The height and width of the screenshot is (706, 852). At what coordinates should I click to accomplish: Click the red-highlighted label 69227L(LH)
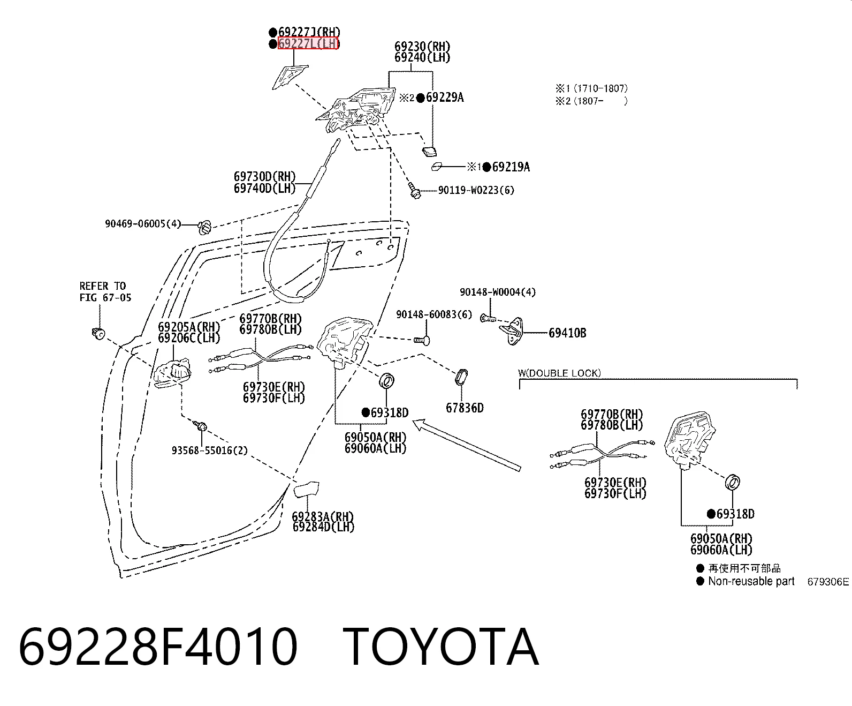[x=308, y=43]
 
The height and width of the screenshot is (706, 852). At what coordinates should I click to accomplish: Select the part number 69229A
[x=445, y=97]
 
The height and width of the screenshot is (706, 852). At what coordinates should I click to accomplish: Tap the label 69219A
[x=511, y=167]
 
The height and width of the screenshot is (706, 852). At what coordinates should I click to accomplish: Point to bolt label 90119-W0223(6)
[x=476, y=190]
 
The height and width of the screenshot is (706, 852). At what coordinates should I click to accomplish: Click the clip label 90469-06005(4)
[x=143, y=223]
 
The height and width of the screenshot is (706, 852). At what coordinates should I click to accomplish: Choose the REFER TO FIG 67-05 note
[x=105, y=291]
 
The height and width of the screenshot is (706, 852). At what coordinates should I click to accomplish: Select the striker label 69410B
[x=567, y=333]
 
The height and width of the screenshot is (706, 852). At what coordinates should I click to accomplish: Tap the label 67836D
[x=465, y=408]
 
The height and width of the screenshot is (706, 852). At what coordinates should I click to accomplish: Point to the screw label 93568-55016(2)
[x=209, y=450]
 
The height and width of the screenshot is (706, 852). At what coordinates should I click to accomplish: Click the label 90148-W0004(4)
[x=498, y=292]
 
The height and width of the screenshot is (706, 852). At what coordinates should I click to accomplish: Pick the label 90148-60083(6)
[x=433, y=314]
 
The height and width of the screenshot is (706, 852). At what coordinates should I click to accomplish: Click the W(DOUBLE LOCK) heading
[x=559, y=373]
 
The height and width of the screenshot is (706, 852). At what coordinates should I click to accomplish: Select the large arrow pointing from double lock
[x=467, y=445]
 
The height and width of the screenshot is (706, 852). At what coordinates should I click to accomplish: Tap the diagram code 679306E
[x=828, y=582]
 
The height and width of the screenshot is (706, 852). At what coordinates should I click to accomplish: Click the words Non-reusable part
[x=751, y=581]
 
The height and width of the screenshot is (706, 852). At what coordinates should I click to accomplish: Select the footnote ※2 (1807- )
[x=591, y=101]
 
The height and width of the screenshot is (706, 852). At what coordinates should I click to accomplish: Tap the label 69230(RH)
[x=422, y=46]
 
